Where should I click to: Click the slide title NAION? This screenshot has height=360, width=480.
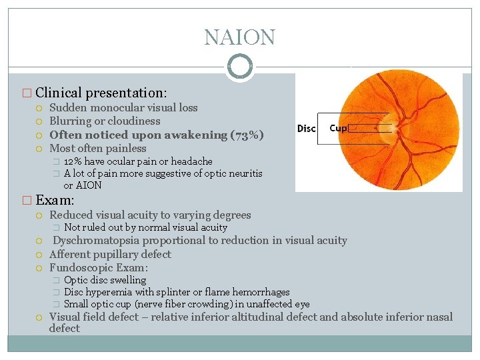[x=239, y=37]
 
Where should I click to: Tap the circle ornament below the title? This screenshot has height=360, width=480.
[x=240, y=67]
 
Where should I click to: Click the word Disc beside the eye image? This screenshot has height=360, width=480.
[x=306, y=128]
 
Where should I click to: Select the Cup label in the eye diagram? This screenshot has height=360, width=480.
[x=338, y=128]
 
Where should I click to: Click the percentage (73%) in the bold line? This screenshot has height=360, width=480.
[x=247, y=135]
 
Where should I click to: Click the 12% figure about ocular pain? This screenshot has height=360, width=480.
[x=73, y=161]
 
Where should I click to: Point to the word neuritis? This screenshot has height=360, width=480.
[x=244, y=173]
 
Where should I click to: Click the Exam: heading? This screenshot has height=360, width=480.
[x=54, y=200]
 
